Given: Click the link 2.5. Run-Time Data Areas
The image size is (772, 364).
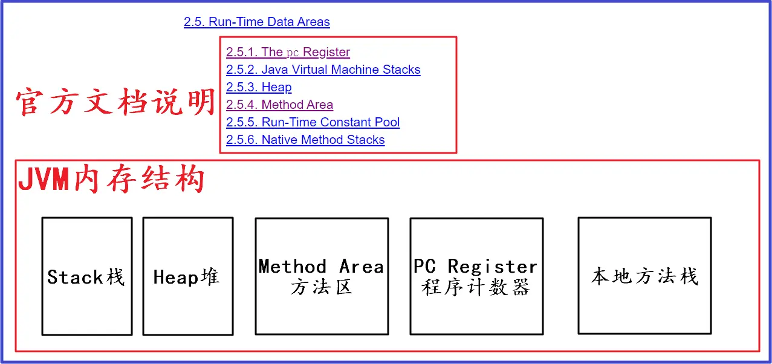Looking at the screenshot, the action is click(256, 22).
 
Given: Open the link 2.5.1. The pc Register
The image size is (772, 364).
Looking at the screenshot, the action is click(288, 53).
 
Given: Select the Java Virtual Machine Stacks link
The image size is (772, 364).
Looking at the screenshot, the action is click(323, 70).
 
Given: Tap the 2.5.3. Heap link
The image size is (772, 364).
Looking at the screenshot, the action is click(259, 88).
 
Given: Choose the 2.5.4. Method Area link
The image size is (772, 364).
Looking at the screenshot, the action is click(279, 105).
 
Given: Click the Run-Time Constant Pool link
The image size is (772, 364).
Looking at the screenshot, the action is click(313, 123).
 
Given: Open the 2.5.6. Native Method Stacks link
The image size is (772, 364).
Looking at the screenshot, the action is click(305, 140).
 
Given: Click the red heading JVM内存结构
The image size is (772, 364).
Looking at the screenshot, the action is click(111, 180).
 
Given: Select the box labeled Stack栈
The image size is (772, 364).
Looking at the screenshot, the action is click(86, 276).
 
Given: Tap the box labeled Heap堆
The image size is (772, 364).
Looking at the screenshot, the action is click(187, 276).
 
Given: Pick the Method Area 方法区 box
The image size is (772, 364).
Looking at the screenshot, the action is click(322, 276).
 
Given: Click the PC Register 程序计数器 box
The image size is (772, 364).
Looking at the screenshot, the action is click(476, 276).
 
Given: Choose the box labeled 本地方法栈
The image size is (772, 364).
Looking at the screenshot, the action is click(644, 276).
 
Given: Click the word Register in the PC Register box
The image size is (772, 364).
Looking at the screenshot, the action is click(492, 267).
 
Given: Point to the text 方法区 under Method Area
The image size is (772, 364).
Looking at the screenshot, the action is click(321, 287).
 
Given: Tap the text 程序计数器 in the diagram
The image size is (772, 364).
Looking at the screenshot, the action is click(476, 287).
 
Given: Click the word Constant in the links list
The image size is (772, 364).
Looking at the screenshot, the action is click(346, 123).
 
